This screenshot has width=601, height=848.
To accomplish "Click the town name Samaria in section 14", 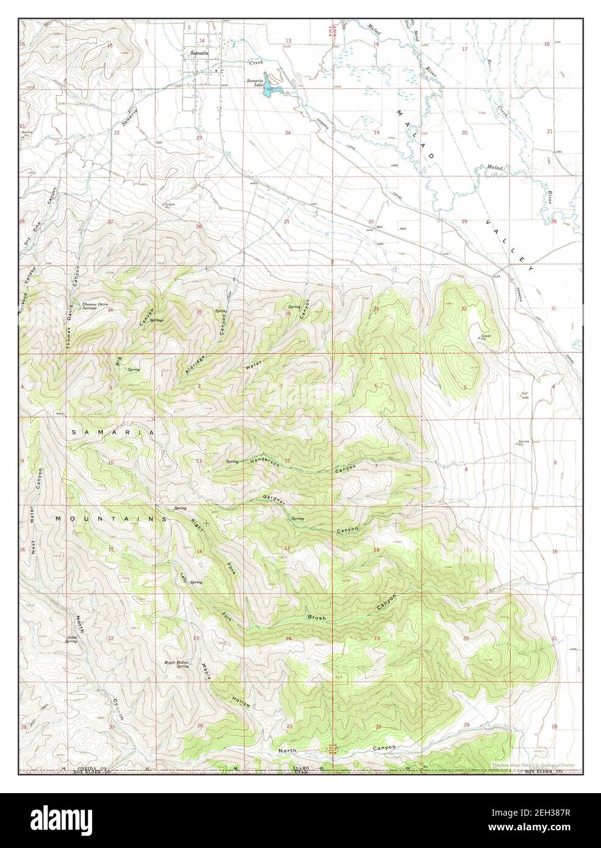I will pyautogui.click(x=200, y=53).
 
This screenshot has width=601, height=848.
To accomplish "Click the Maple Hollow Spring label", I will pyautogui.click(x=176, y=664).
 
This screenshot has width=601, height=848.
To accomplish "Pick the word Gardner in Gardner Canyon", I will pyautogui.click(x=275, y=498).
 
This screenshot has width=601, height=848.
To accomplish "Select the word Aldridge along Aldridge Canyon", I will pyautogui.click(x=193, y=361).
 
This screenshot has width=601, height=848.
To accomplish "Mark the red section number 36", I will pyautogui.click(x=287, y=314).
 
